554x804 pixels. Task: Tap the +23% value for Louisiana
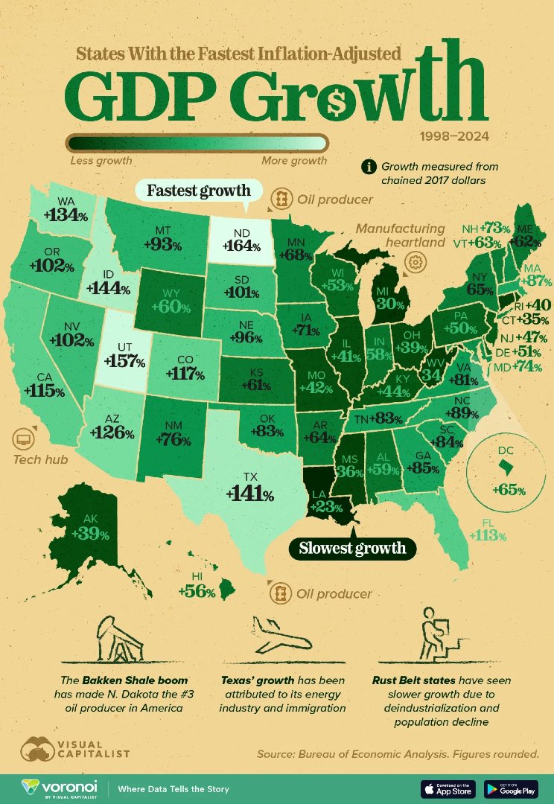tap(327, 507)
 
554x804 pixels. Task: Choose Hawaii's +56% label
tap(197, 592)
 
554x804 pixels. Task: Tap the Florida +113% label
tap(488, 535)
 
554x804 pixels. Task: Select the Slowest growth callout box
tap(352, 549)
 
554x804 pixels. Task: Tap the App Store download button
tap(448, 788)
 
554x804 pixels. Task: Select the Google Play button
tap(511, 788)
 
